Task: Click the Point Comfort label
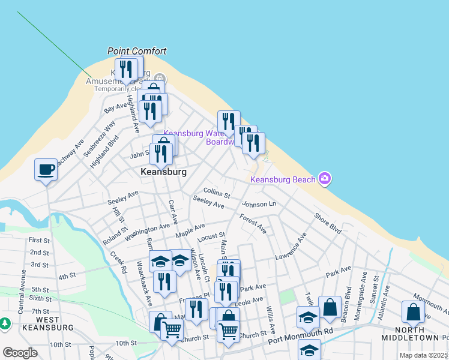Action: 136,52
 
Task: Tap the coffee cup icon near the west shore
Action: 46,170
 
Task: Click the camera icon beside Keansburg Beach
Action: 325,178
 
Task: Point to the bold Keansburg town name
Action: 163,172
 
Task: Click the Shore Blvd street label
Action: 328,222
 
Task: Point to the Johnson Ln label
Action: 259,205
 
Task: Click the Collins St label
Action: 217,192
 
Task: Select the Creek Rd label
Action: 118,262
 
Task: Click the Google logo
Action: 20,353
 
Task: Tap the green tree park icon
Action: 5,324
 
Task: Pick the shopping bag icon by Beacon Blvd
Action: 330,307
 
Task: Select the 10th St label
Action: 127,343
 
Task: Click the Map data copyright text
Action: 423,355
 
